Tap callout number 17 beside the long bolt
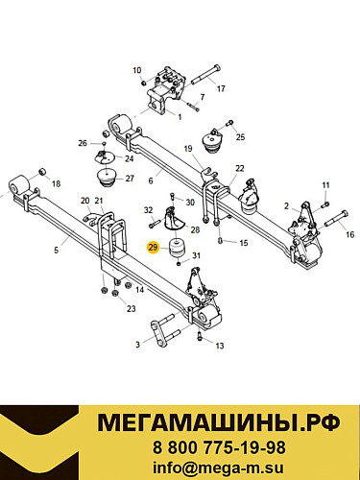pyautogui.click(x=221, y=89)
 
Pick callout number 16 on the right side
pyautogui.click(x=350, y=233)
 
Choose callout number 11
pyautogui.click(x=325, y=184)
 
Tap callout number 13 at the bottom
pyautogui.click(x=219, y=346)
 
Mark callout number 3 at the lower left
pyautogui.click(x=137, y=344)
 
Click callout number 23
pyautogui.click(x=132, y=308)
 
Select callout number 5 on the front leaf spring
pyautogui.click(x=56, y=250)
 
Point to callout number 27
pyautogui.click(x=131, y=179)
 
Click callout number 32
pyautogui.click(x=149, y=209)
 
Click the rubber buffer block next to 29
pyautogui.click(x=178, y=253)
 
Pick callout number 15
pyautogui.click(x=243, y=243)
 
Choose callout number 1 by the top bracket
pyautogui.click(x=178, y=116)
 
